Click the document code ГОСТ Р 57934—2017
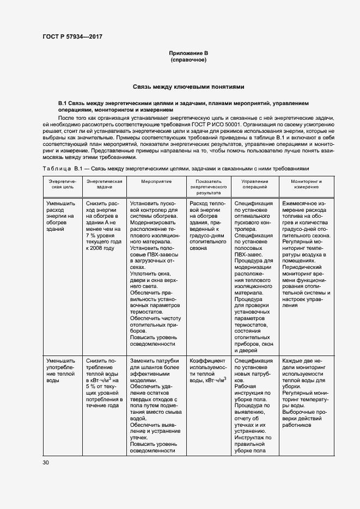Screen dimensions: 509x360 click(72, 36)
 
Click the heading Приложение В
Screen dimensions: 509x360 click(188, 53)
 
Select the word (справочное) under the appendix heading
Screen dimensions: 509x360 click(188, 60)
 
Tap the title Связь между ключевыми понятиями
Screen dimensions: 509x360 click(188, 87)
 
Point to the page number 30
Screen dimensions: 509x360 click(46, 462)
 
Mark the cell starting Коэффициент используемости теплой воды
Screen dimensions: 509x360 click(209, 370)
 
